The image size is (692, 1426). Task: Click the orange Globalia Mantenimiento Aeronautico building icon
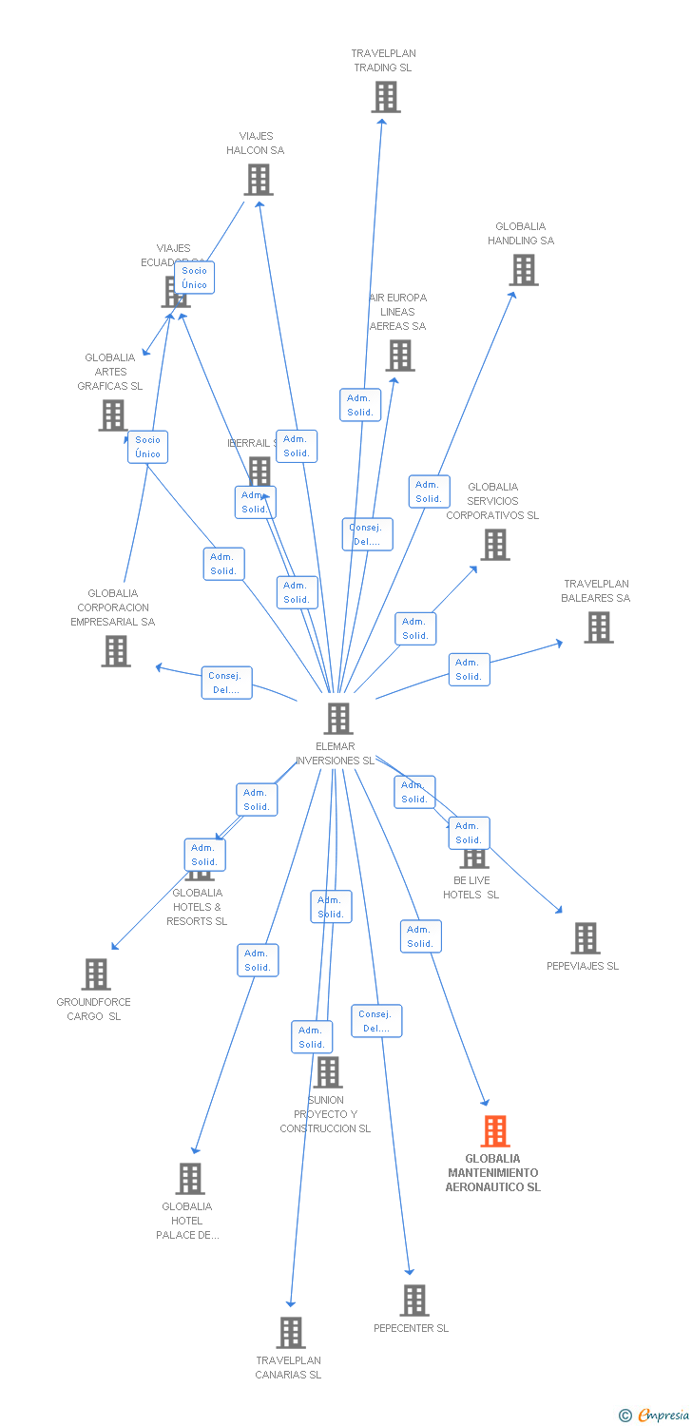tap(494, 1131)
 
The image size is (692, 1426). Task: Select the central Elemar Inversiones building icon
tap(338, 719)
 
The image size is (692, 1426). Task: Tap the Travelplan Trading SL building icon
tap(385, 97)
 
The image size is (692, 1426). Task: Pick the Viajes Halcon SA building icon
tap(258, 180)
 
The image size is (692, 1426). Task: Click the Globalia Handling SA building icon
tap(523, 270)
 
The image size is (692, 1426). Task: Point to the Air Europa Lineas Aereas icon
tap(400, 356)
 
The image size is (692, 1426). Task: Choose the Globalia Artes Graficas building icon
tap(112, 415)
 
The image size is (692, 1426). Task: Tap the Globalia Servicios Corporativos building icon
tap(494, 545)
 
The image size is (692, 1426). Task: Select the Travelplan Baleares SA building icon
tap(598, 627)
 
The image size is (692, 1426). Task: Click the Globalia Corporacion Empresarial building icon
tap(116, 651)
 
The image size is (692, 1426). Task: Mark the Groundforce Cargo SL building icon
tap(95, 974)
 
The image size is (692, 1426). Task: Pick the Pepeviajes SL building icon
tap(585, 938)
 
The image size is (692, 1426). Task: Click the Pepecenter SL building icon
tap(413, 1300)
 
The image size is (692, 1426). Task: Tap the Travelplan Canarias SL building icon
tap(291, 1333)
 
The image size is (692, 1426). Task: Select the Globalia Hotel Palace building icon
tap(189, 1179)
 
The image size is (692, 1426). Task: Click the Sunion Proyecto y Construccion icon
tap(327, 1072)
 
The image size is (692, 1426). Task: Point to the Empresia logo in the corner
tap(655, 1416)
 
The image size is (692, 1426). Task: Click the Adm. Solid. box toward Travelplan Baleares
tap(469, 669)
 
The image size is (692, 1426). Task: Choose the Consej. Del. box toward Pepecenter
tap(376, 1021)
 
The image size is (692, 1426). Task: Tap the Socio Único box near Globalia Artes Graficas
tap(147, 447)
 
